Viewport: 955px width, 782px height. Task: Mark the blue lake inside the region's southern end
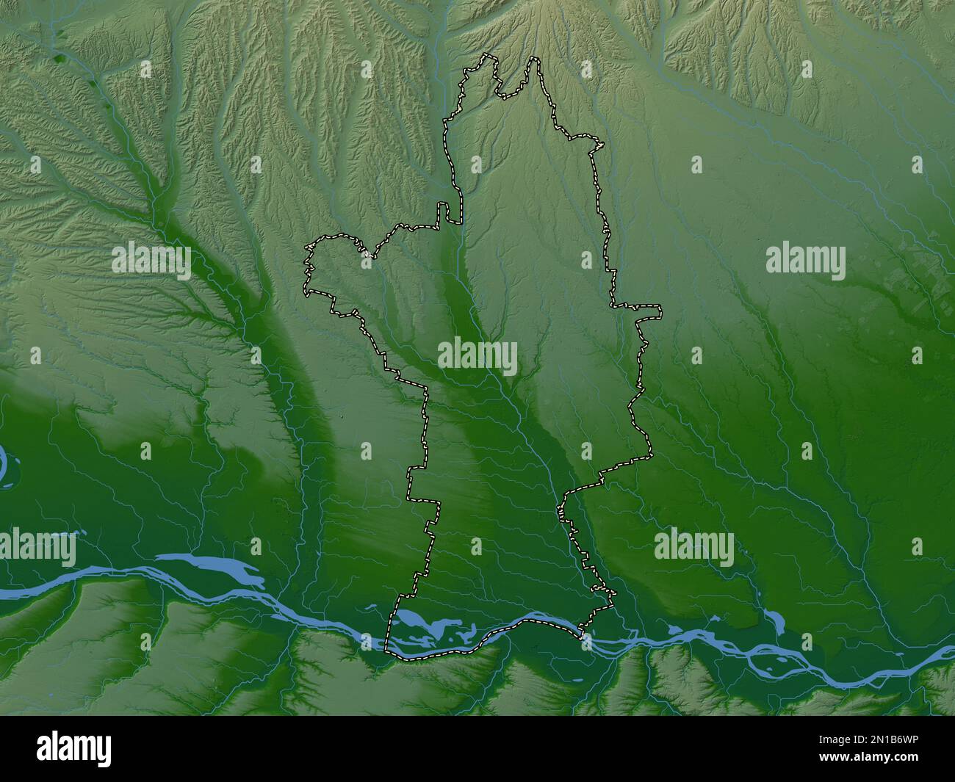click(426, 626)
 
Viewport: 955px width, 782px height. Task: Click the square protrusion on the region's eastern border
click(649, 311)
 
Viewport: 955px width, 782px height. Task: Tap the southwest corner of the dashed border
click(388, 649)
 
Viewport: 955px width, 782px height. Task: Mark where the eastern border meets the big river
click(582, 630)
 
